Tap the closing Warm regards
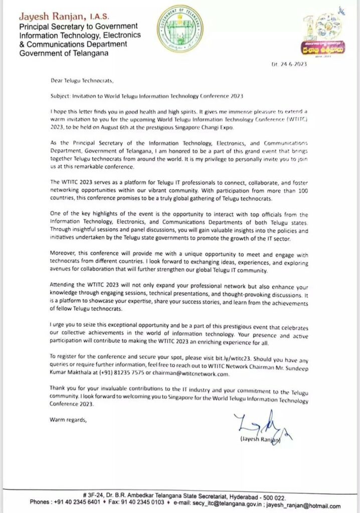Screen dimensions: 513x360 click(69, 420)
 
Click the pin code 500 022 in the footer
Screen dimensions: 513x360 click(273, 497)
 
